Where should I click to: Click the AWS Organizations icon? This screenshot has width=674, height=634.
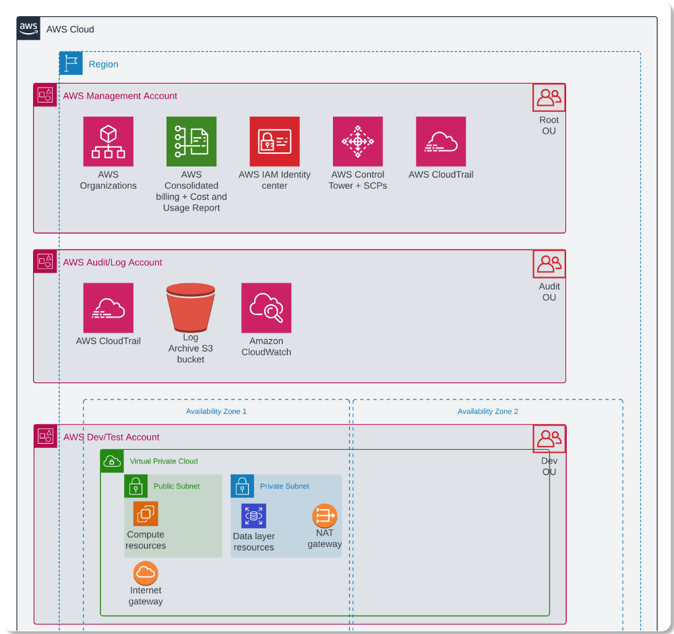click(x=109, y=142)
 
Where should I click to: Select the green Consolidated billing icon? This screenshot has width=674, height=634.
click(x=191, y=142)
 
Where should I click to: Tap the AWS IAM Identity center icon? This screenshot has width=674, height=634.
click(x=274, y=142)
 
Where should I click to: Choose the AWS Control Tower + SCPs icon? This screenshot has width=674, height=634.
click(x=358, y=142)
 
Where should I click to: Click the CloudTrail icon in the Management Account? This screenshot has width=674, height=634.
click(x=441, y=142)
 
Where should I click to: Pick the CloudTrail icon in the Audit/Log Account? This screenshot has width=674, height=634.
click(x=109, y=308)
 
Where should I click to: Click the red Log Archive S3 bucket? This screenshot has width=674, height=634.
click(x=191, y=308)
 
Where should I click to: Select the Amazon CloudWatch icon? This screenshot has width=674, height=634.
click(x=266, y=308)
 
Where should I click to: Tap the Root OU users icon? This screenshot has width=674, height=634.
click(x=549, y=98)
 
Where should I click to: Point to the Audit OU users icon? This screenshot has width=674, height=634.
click(x=549, y=264)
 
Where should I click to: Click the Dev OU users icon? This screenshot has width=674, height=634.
click(x=549, y=438)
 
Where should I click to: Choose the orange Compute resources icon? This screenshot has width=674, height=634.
click(x=146, y=514)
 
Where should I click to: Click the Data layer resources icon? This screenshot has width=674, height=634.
click(x=254, y=516)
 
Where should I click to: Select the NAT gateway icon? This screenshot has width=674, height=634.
click(x=324, y=516)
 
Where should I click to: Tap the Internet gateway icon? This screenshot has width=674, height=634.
click(x=146, y=573)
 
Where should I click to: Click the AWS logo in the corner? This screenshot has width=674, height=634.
click(x=29, y=28)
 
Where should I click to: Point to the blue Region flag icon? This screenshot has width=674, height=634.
click(x=71, y=63)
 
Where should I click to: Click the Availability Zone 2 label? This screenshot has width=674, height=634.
click(x=488, y=411)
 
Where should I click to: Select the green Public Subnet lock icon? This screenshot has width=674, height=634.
click(x=135, y=486)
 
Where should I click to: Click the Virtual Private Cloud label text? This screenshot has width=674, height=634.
click(x=164, y=461)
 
